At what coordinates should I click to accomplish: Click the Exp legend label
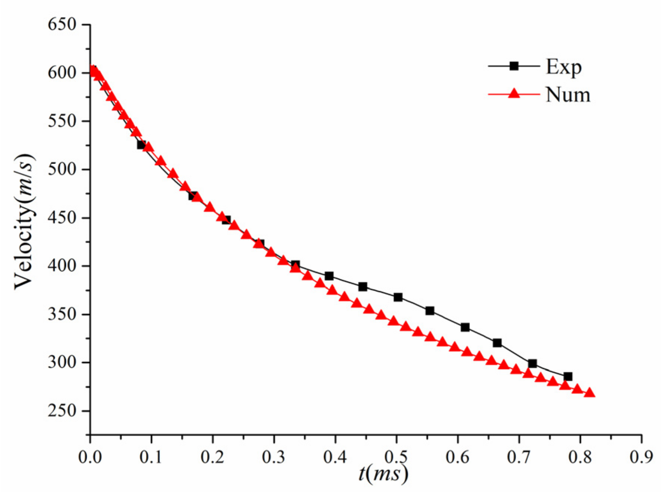[563, 67]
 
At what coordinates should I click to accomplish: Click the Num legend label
[568, 95]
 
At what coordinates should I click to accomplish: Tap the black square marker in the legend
[514, 66]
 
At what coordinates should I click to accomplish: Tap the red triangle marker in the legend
[514, 93]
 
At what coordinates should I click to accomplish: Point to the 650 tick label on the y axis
[62, 25]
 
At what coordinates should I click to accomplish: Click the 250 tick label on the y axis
[62, 411]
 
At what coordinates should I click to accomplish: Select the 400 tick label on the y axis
[62, 266]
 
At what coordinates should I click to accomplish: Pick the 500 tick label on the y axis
[62, 169]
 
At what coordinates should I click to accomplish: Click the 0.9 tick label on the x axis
[641, 457]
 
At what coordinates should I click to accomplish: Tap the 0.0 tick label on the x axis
[90, 457]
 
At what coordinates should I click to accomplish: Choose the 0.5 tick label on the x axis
[396, 457]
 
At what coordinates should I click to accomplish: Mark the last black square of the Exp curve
[568, 377]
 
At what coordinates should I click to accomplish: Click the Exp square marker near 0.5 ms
[398, 297]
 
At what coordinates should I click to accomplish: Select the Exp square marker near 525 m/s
[141, 145]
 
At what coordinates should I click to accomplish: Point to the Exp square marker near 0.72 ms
[532, 363]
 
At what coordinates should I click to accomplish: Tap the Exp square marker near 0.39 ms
[329, 276]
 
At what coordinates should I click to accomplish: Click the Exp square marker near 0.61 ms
[465, 327]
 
